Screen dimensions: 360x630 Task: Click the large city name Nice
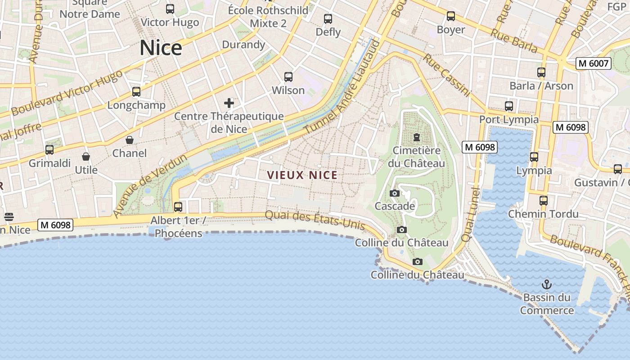[161, 48]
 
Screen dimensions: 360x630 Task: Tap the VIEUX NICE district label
[302, 175]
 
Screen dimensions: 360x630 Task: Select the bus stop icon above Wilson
[288, 77]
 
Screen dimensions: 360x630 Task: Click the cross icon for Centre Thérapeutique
[229, 103]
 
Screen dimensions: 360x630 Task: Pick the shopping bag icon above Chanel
[130, 140]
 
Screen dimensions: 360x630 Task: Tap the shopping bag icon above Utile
[86, 157]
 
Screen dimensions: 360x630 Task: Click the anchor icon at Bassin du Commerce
[547, 284]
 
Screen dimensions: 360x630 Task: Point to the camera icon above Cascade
[395, 193]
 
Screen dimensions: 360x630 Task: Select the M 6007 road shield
[594, 63]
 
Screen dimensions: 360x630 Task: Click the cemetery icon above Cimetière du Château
[417, 137]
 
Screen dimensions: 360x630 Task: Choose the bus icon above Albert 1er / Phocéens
[178, 207]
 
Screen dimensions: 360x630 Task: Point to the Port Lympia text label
[509, 120]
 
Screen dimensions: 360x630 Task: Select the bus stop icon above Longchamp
[136, 92]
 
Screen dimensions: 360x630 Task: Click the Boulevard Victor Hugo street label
[67, 93]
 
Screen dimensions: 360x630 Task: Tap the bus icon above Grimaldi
[49, 149]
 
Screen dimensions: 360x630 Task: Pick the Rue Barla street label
[513, 41]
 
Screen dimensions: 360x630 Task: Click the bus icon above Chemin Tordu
[544, 200]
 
